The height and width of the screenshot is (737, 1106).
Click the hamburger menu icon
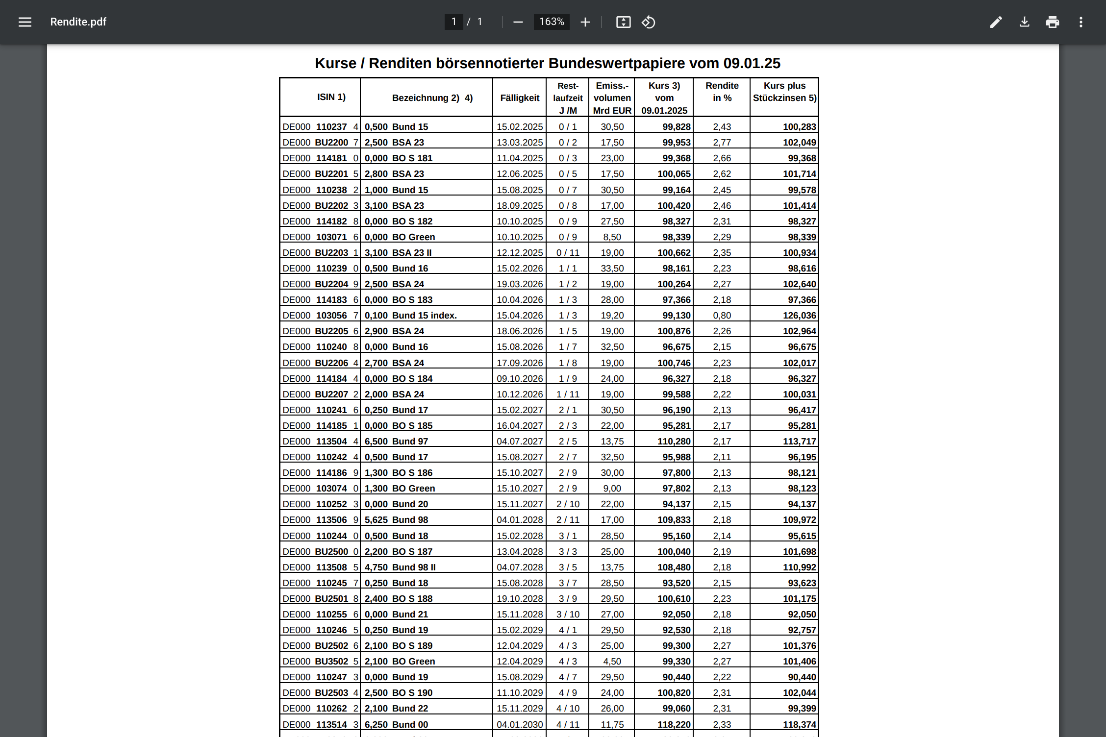[x=25, y=22]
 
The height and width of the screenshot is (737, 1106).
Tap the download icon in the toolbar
[x=1025, y=22]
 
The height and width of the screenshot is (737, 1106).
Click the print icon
[x=1053, y=22]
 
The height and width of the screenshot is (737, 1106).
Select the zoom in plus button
[x=585, y=22]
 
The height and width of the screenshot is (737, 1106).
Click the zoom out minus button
[x=518, y=22]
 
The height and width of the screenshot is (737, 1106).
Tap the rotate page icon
[x=648, y=22]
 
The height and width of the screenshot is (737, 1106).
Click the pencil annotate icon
[x=996, y=22]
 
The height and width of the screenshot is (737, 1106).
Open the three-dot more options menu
[x=1081, y=22]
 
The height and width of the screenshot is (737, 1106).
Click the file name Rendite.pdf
[x=78, y=22]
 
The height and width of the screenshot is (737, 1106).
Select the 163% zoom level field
[x=552, y=22]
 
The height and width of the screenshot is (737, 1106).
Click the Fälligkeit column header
[x=520, y=98]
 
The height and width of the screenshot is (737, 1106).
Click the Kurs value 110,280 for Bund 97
[x=674, y=442]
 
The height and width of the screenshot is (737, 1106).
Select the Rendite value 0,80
[x=722, y=316]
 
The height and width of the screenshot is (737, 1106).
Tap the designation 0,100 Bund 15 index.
[x=410, y=316]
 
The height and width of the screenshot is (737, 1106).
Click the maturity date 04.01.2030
[x=520, y=724]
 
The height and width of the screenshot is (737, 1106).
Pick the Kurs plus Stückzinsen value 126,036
[x=799, y=316]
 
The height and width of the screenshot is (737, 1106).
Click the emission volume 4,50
[x=612, y=662]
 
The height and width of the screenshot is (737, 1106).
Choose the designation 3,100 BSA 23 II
[x=398, y=253]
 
